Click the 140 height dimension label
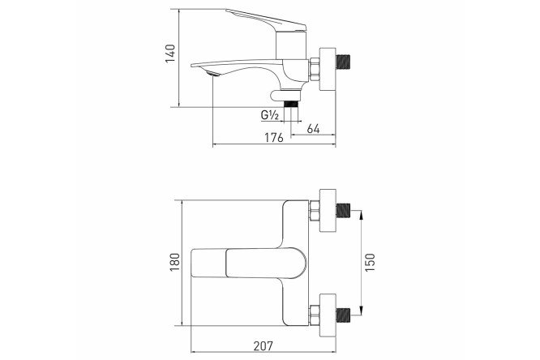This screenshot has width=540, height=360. click(x=170, y=54)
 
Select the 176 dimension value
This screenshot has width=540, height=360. click(x=274, y=138)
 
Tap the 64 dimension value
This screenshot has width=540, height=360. click(x=313, y=129)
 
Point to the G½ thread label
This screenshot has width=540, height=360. click(x=270, y=115)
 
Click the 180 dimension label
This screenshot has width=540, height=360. click(x=175, y=262)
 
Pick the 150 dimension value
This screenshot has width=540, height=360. click(x=370, y=262)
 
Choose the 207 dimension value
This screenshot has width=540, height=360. click(x=264, y=346)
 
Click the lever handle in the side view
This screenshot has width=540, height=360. click(x=266, y=19)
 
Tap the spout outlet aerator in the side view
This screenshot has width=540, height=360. click(x=212, y=73)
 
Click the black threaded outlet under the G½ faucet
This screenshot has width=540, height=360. click(x=291, y=104)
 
